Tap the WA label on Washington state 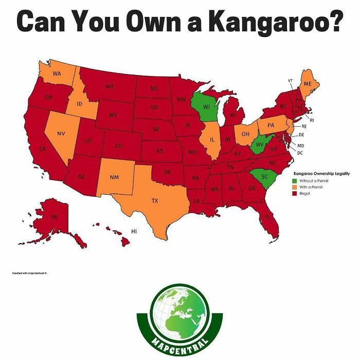point(57,74)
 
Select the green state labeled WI point(206,107)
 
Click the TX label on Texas point(154,200)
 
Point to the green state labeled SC point(264,176)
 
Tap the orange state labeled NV point(61,134)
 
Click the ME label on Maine point(308,83)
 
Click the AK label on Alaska point(54,218)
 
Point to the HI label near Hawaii point(134,232)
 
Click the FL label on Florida point(267,217)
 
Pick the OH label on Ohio point(245,134)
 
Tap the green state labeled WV point(259,145)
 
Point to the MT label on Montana point(110,86)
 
